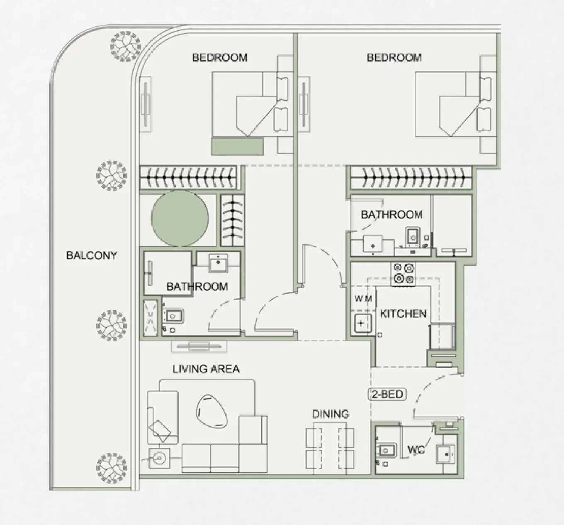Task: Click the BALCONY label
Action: (92, 255)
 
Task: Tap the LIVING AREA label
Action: (206, 368)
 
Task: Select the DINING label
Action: (330, 414)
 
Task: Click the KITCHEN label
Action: (403, 314)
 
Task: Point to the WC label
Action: (416, 449)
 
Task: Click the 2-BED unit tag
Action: (387, 394)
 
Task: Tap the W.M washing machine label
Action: (363, 298)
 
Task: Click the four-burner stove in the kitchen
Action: (404, 274)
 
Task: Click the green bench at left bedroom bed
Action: (237, 146)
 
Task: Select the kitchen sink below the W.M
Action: (362, 324)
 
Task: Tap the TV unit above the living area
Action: (199, 346)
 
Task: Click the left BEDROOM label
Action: (219, 58)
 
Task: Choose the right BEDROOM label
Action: (394, 58)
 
